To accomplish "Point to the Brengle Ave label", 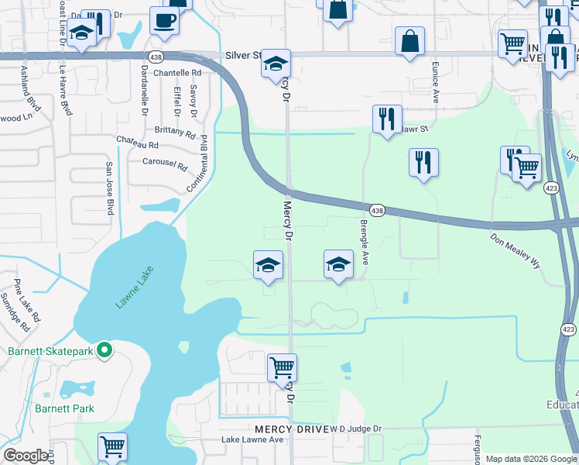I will tap(364, 243).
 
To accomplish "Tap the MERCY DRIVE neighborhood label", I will tap(291, 429).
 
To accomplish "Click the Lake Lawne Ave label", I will tap(252, 440).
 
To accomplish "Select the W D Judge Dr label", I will tap(357, 429).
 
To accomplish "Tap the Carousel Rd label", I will tap(165, 165).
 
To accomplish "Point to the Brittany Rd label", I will tap(175, 133).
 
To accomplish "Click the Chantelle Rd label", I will tap(176, 73).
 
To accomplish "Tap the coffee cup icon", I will tap(164, 22).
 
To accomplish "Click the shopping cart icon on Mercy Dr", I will tap(283, 367).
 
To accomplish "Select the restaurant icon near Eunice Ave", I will tap(423, 163).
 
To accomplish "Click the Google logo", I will tap(26, 456).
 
